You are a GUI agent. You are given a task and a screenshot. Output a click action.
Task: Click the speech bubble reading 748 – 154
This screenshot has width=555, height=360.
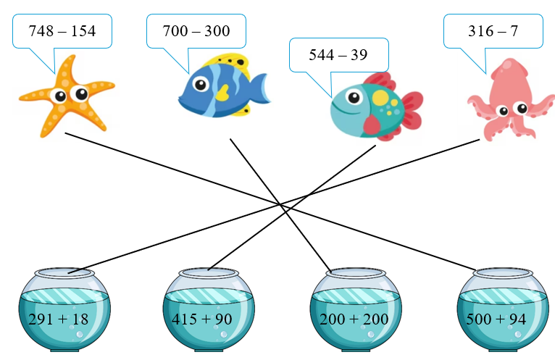(x=62, y=31)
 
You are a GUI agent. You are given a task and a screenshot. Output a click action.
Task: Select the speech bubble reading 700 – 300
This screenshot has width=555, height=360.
(x=196, y=31)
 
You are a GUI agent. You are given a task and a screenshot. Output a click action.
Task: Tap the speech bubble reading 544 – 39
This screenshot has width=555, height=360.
(x=339, y=55)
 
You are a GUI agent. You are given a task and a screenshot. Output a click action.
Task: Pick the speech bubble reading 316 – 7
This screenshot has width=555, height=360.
(x=494, y=31)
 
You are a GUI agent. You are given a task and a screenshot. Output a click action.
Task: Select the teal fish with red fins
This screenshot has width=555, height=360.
(x=373, y=106)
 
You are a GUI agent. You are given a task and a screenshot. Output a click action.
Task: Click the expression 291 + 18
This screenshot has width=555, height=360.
(x=57, y=319)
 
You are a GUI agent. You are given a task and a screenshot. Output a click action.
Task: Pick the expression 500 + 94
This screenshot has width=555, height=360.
(x=496, y=319)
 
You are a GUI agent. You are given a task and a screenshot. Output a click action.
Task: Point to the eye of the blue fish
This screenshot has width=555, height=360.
(x=199, y=85)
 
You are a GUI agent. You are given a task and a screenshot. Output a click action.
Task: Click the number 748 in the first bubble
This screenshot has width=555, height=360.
(x=42, y=31)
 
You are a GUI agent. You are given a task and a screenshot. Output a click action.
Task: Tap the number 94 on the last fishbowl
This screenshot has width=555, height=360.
(x=517, y=319)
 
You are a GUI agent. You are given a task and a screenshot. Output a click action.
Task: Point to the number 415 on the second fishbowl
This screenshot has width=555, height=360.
(x=185, y=319)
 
